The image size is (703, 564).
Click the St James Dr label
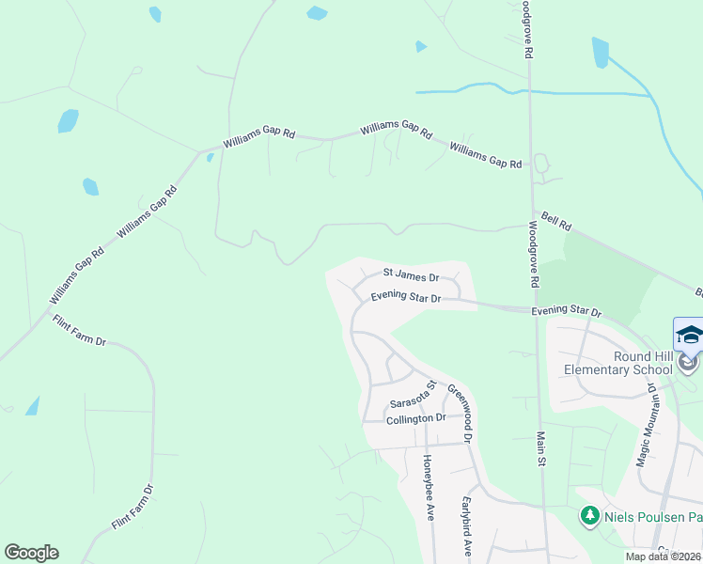411,275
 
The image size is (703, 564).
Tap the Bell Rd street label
553,222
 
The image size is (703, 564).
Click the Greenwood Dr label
458,399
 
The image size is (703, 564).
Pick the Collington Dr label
416,418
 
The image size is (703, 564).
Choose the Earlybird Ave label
464,525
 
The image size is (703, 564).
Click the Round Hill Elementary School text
618,363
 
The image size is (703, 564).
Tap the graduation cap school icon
689,336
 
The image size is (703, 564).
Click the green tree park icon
589,515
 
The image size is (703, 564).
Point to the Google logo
31,553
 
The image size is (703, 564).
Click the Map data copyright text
664,556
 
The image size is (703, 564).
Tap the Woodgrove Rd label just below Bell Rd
532,254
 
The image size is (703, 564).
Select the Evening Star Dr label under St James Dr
405,297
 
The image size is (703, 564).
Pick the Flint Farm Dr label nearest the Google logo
132,508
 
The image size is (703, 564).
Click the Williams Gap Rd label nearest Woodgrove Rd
485,155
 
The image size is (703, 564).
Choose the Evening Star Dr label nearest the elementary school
566,311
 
